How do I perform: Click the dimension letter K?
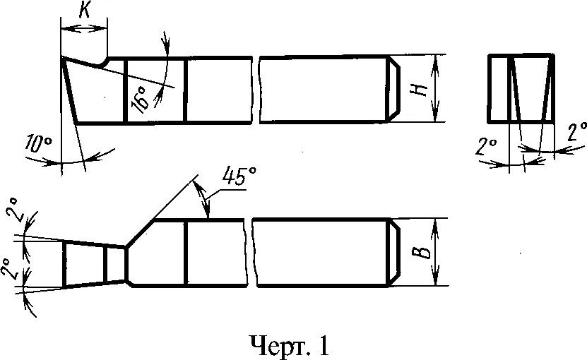[83, 11]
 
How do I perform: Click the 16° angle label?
[140, 99]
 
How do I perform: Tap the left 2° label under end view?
[485, 148]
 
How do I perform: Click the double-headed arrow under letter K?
[83, 28]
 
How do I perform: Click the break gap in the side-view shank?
[256, 89]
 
